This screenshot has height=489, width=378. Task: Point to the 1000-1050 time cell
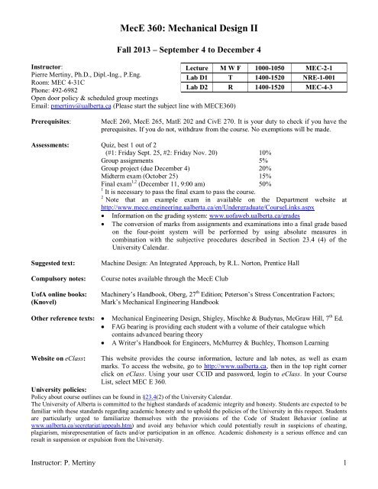280,67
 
